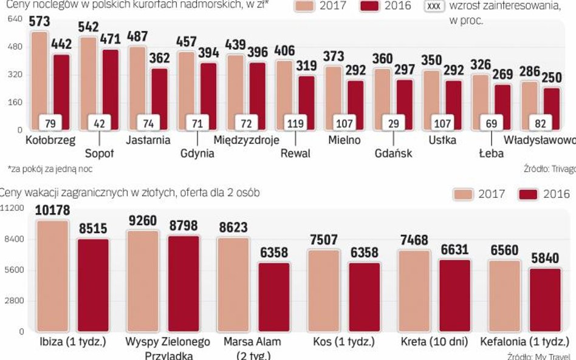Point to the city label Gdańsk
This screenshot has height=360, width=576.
pos(393,154)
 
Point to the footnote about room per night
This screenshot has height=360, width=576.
pos(50,169)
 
